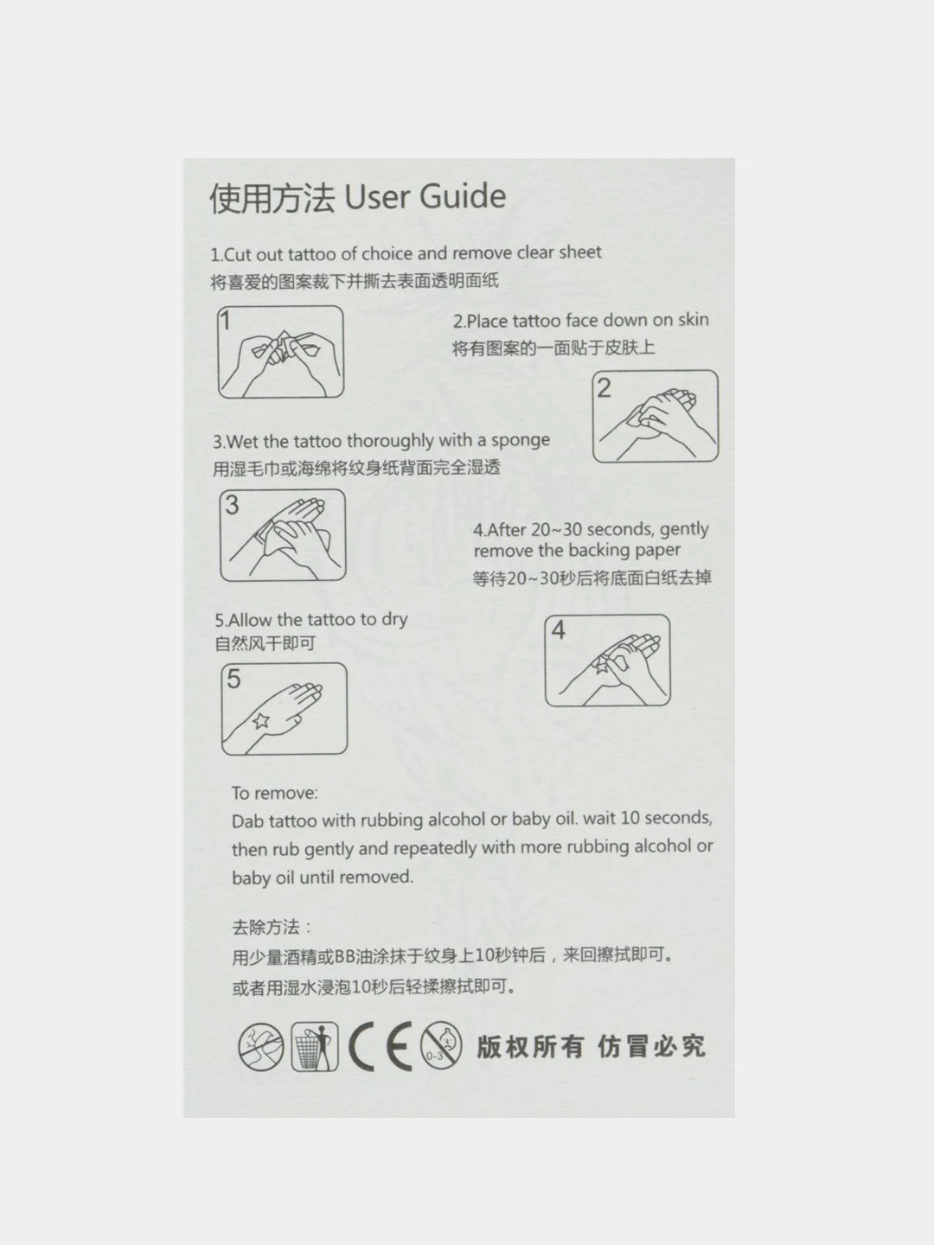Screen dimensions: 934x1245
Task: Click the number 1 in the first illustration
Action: pos(225,321)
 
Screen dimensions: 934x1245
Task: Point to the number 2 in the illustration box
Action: pos(604,388)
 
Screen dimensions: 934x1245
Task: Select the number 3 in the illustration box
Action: pos(232,505)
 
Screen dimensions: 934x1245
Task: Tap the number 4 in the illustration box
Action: pos(558,629)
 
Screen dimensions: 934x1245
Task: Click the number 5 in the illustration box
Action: pos(233,679)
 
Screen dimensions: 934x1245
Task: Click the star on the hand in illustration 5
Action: pos(261,721)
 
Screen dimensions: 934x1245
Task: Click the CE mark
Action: pos(380,1046)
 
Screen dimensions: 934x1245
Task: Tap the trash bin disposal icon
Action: pos(315,1046)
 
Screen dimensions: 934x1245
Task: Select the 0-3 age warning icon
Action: pos(441,1046)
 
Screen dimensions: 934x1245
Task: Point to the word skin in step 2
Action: pos(693,319)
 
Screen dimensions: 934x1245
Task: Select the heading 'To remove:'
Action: pos(274,793)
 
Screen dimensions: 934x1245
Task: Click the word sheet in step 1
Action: pos(579,252)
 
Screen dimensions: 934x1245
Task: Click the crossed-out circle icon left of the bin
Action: pos(261,1047)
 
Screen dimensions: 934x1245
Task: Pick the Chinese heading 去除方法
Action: pos(265,928)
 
